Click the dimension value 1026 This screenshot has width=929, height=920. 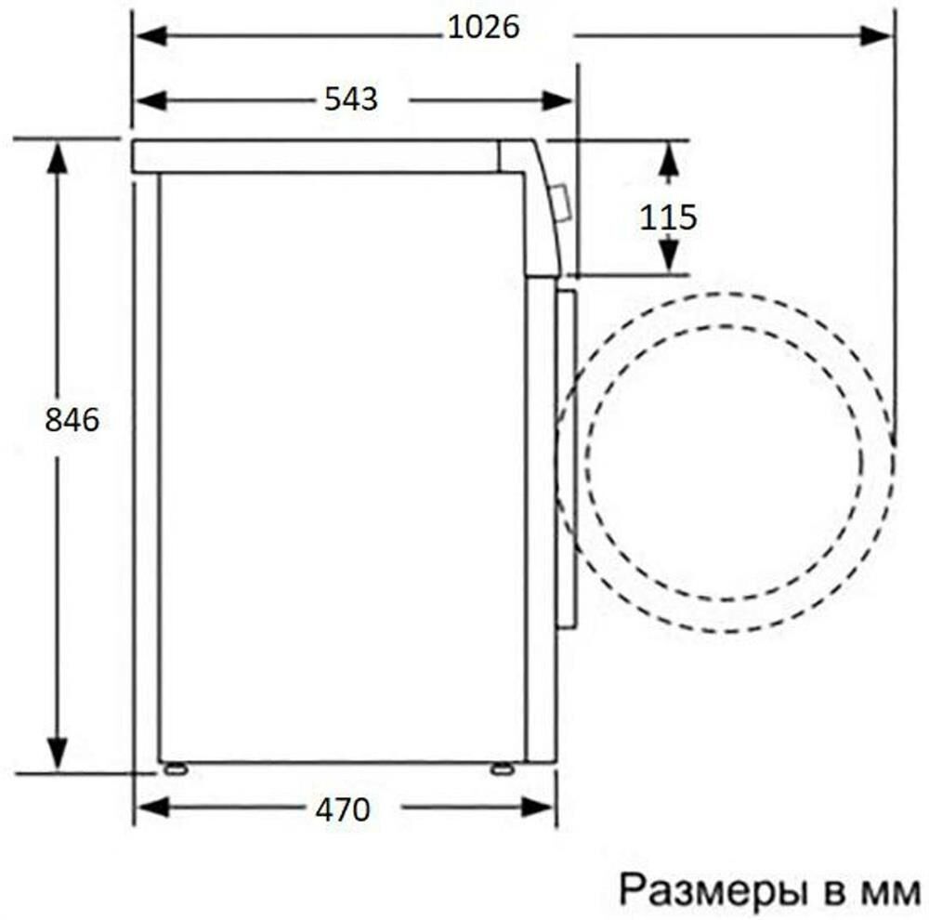click(x=482, y=29)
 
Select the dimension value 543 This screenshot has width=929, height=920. click(x=350, y=99)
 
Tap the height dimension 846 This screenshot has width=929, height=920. click(x=72, y=420)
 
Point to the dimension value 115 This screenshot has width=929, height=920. click(x=667, y=217)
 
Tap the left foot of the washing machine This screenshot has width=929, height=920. click(x=173, y=768)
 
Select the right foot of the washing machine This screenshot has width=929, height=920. click(x=500, y=768)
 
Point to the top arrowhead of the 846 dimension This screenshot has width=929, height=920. click(x=58, y=158)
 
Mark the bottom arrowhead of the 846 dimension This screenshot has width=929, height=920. click(x=58, y=753)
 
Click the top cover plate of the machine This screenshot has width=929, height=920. click(x=316, y=156)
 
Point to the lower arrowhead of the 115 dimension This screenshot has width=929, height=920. click(x=667, y=256)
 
